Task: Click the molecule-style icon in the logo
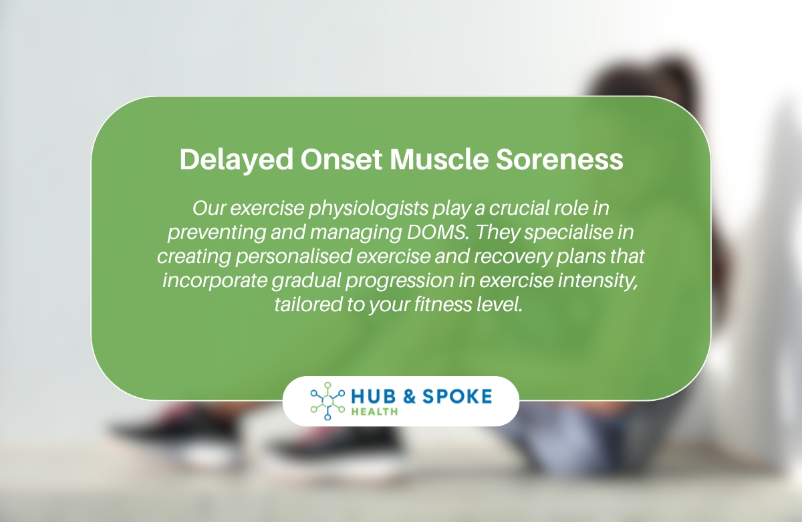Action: point(327,401)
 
